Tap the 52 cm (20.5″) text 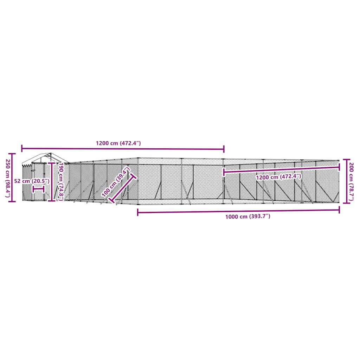[31, 181]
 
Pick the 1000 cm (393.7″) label [248, 217]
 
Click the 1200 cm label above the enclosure [118, 143]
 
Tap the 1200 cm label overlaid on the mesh [279, 177]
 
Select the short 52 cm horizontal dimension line [38, 189]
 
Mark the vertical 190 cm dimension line [52, 181]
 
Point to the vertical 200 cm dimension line [344, 181]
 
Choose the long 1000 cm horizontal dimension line [238, 211]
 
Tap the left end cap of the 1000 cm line [138, 212]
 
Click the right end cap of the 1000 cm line [339, 210]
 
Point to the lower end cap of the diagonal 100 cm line [112, 201]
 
